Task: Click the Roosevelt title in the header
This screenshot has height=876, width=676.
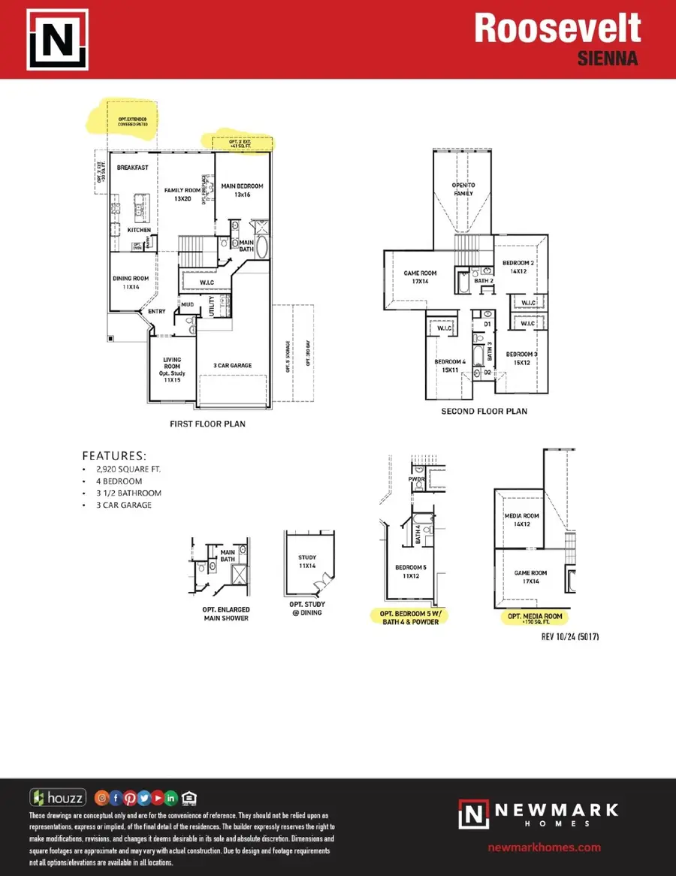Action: point(557,29)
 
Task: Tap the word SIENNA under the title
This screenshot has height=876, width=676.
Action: point(608,59)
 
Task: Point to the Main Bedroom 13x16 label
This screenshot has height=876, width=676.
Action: point(242,191)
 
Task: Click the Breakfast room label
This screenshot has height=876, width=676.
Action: point(133,168)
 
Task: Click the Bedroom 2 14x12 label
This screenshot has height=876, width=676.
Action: point(518,267)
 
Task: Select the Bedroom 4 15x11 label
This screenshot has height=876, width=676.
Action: point(451,366)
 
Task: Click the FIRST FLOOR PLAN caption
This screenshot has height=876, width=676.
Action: point(207,424)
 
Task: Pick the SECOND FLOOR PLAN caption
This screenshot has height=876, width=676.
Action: point(484,411)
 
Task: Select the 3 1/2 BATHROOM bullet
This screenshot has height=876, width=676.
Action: point(126,493)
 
